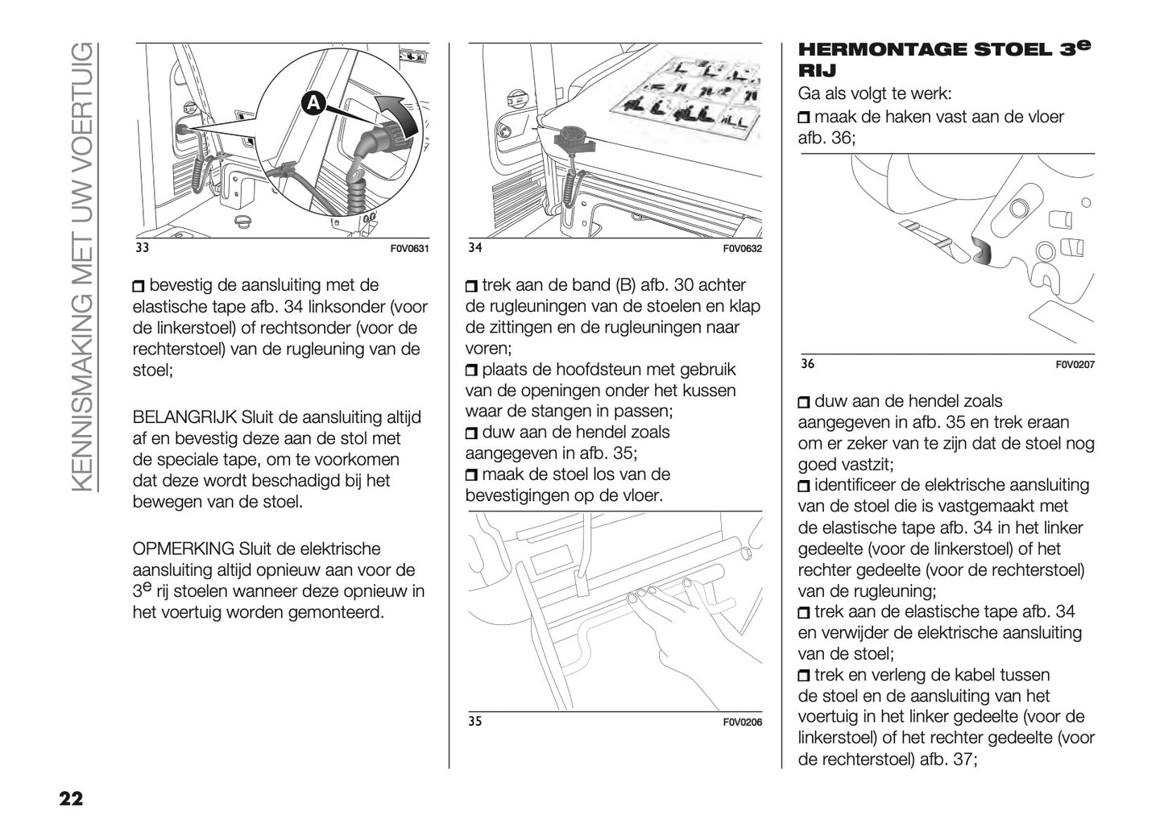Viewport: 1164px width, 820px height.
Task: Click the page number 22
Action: pos(70,799)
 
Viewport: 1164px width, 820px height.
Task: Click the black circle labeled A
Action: pos(313,103)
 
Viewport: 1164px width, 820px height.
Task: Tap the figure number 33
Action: pos(142,248)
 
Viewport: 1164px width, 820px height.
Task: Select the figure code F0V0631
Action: pos(409,249)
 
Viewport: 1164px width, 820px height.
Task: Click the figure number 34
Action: pos(474,248)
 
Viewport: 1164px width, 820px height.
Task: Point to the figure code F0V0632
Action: pos(742,249)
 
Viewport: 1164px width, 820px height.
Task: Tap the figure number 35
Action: pos(474,721)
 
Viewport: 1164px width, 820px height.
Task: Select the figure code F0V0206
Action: pos(742,723)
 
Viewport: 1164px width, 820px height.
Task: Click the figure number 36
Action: pos(807,364)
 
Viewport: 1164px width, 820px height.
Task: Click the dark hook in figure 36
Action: pos(982,252)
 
